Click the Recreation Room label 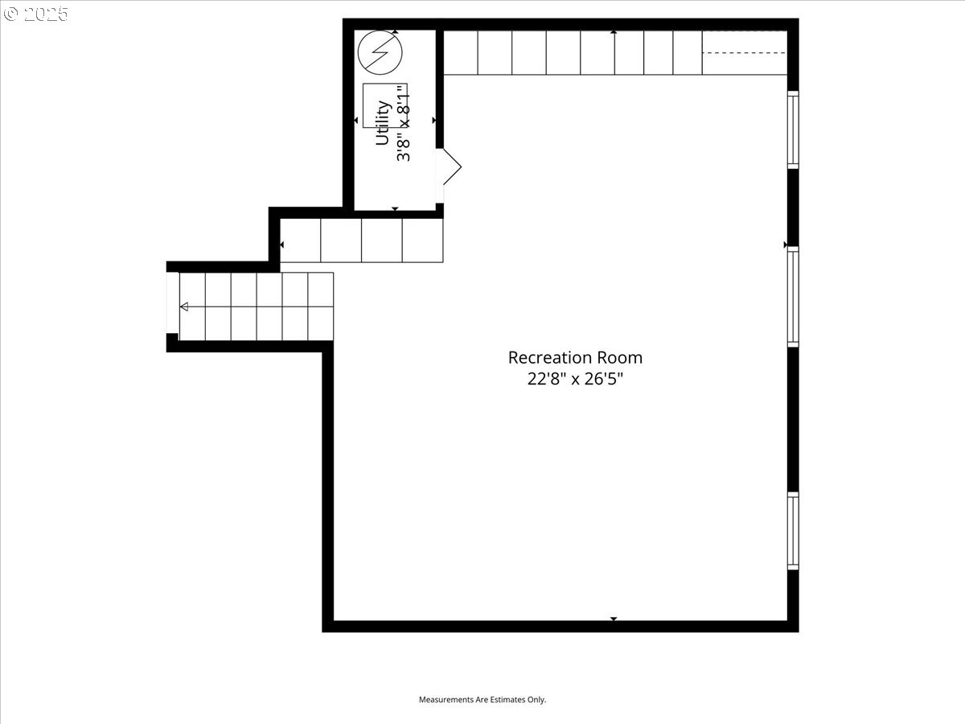coord(575,358)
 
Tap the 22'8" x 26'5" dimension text coord(575,378)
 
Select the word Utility coord(383,122)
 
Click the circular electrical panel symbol coord(380,52)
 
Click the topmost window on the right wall coord(793,130)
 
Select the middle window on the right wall coord(793,297)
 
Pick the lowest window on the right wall coord(793,531)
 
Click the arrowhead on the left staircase coord(184,306)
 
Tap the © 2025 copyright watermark coord(35,14)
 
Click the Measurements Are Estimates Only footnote coord(482,699)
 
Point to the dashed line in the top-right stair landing coord(745,53)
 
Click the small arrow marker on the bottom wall coord(614,619)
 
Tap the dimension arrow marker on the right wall coord(785,245)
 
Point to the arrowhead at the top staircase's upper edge coord(614,32)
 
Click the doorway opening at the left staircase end coord(173,303)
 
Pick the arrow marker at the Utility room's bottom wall coord(395,209)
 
